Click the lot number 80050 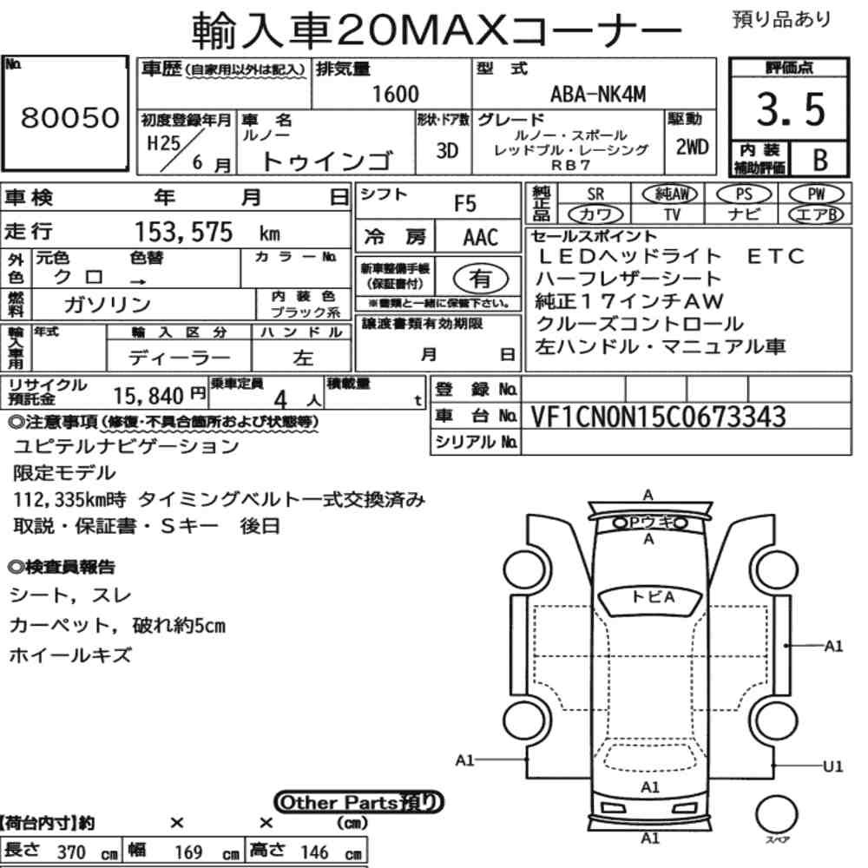click(70, 117)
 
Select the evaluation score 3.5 click(791, 109)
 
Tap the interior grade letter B click(820, 160)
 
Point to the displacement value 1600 click(395, 94)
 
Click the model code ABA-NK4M click(598, 94)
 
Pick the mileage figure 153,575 click(184, 232)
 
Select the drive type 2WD click(692, 148)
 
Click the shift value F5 click(465, 204)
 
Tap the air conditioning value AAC click(480, 238)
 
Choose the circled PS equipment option click(744, 194)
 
